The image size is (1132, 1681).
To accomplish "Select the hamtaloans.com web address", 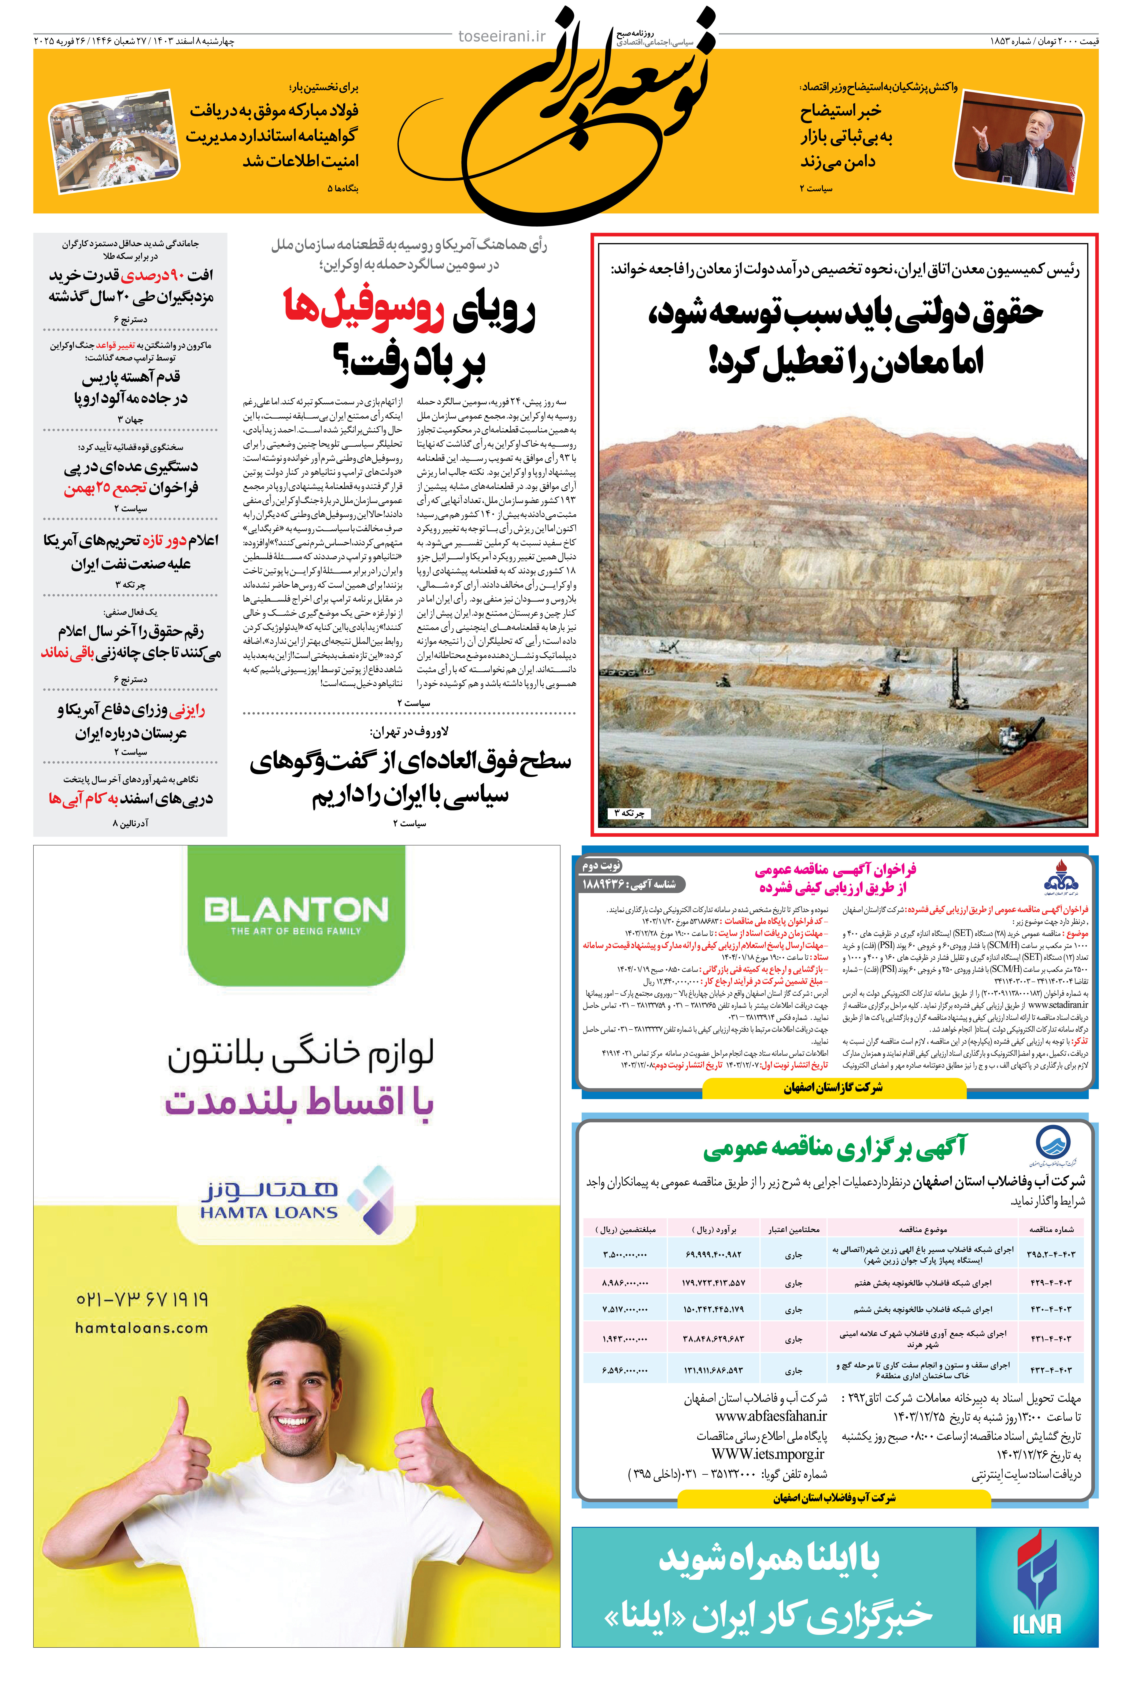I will coord(141,1328).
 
